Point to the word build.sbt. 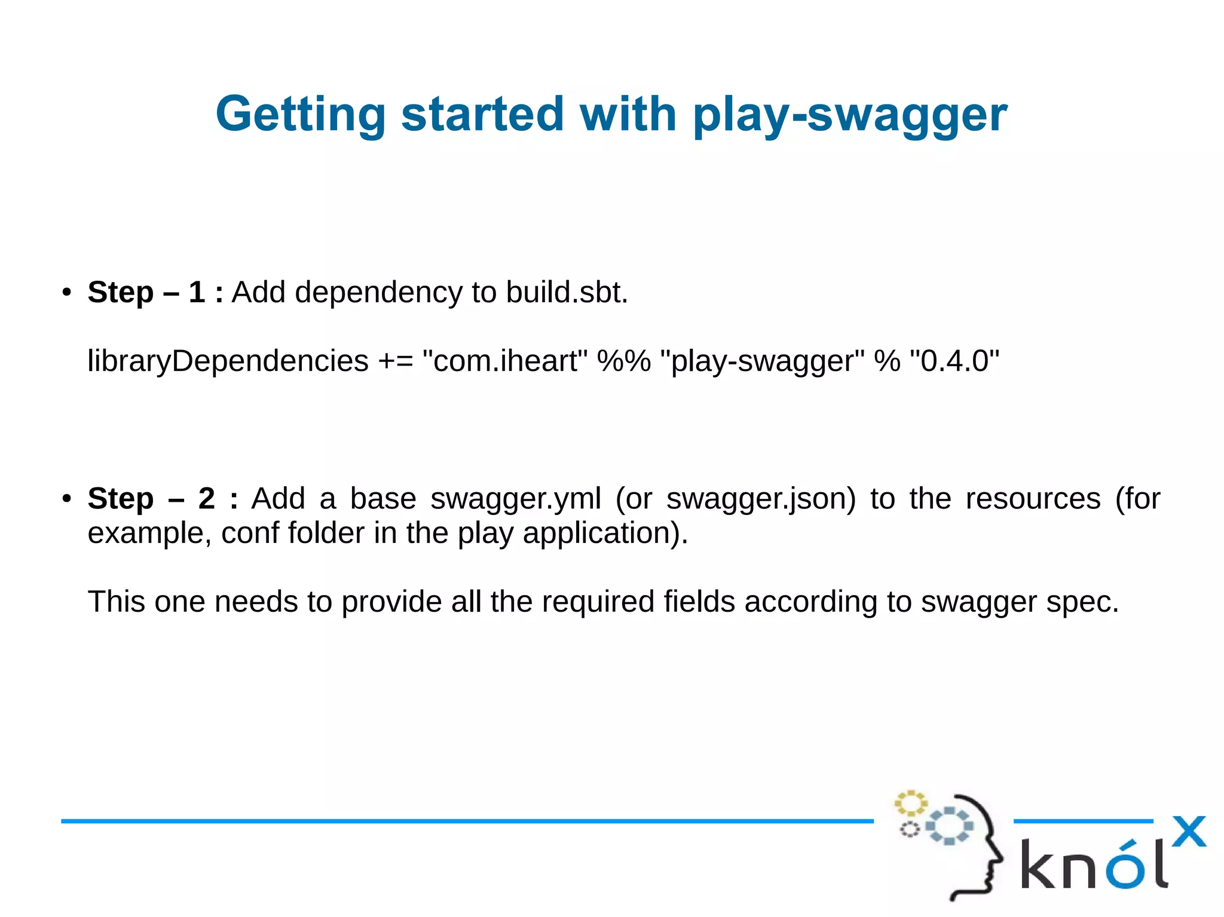pos(567,292)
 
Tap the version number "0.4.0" pos(954,361)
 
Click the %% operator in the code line pos(623,361)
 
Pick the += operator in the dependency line pos(395,361)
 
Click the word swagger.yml pos(516,498)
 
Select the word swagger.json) pos(761,498)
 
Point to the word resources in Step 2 pos(1033,498)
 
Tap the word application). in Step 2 pos(605,533)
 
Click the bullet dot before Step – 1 pos(67,293)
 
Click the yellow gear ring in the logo pos(910,803)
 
